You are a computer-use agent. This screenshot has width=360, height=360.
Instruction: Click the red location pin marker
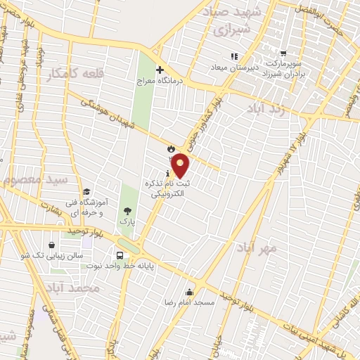[x=181, y=166]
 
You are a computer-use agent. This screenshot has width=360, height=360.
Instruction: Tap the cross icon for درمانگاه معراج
[x=160, y=70]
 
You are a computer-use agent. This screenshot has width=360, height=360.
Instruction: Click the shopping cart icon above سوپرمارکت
[x=283, y=53]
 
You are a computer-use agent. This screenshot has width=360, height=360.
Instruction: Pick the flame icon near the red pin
[x=170, y=148]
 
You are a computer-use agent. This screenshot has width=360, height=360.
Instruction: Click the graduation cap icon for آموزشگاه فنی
[x=86, y=192]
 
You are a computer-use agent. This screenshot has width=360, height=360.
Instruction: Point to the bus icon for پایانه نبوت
[x=123, y=255]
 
